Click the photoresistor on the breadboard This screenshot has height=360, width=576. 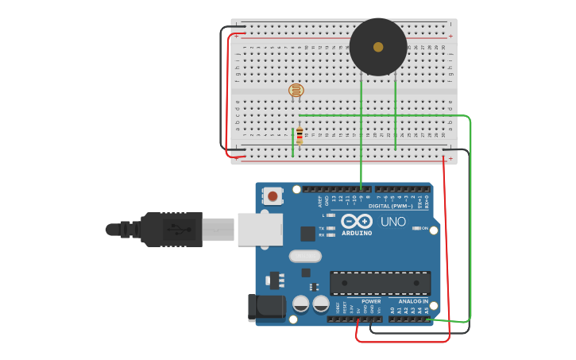point(296,91)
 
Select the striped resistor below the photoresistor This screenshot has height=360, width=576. point(300,137)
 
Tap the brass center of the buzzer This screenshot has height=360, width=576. point(378,47)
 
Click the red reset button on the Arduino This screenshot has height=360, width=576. point(273,195)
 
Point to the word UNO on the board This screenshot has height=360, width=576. point(393,222)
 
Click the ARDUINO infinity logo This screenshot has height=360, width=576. point(357,221)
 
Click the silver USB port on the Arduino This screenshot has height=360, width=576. point(260,230)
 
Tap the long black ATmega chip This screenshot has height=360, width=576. point(380,283)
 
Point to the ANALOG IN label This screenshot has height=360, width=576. point(413,302)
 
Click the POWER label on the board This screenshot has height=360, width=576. point(371,302)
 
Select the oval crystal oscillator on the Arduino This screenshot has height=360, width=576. point(305,256)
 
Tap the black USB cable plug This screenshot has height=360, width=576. point(171,230)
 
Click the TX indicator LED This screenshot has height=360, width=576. point(331,228)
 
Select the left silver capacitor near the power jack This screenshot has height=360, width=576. point(301,304)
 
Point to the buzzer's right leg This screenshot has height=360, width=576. point(395,111)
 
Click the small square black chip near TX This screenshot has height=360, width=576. point(307,234)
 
